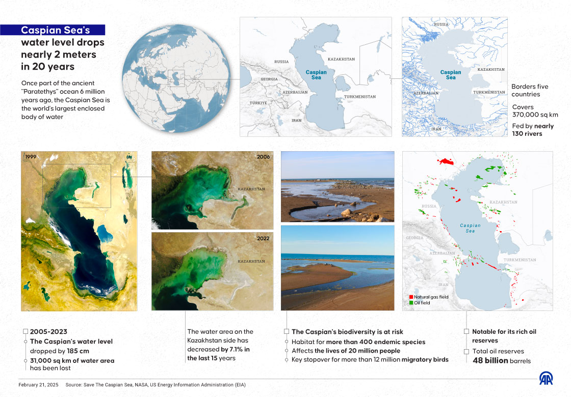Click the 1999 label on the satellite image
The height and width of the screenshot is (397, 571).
[x=31, y=157]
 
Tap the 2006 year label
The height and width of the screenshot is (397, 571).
[x=263, y=157]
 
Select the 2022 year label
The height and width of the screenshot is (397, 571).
[x=263, y=238]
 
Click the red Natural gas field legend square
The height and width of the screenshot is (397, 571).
[x=410, y=297]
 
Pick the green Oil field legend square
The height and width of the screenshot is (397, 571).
[x=410, y=303]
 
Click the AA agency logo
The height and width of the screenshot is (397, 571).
[x=547, y=379]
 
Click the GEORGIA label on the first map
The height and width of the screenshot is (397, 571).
[x=269, y=79]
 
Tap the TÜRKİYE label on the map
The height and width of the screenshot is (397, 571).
[x=258, y=103]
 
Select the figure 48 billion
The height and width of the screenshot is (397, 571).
[x=487, y=360]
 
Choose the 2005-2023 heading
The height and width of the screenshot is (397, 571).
[x=49, y=331]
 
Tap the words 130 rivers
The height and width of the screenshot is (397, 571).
[x=527, y=134]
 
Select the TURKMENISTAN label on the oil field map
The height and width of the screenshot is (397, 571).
[x=520, y=260]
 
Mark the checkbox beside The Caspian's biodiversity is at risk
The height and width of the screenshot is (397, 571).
[x=287, y=331]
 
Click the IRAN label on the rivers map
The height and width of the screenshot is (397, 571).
[x=436, y=129]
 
